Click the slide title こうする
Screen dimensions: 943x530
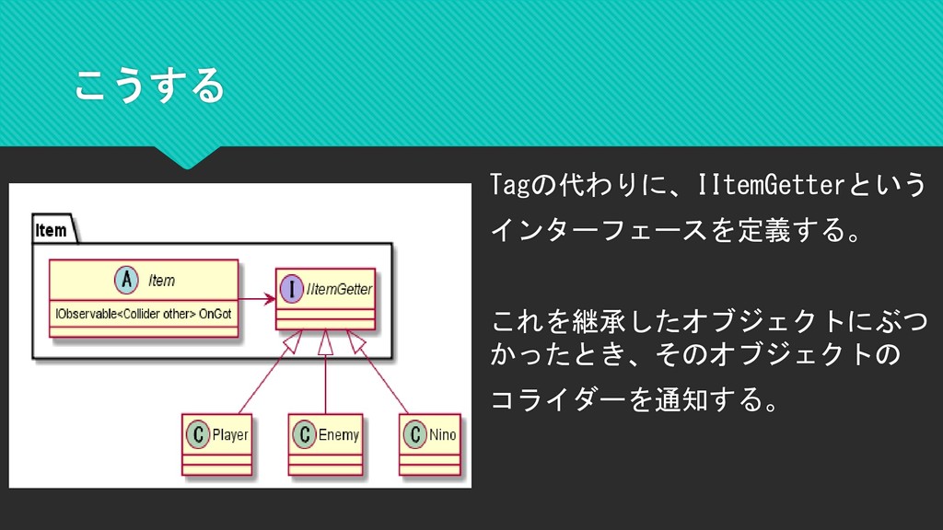(x=148, y=86)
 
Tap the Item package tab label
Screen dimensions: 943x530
(x=52, y=229)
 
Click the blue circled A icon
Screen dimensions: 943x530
(x=126, y=281)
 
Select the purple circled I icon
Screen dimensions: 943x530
(x=291, y=289)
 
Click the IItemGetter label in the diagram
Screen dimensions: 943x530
(x=339, y=289)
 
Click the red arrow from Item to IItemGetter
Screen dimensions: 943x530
(x=257, y=298)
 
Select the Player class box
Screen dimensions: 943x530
(x=216, y=443)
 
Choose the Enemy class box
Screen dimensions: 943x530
(x=326, y=443)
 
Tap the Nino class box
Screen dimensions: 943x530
(x=430, y=443)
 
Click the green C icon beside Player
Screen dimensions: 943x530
(x=196, y=434)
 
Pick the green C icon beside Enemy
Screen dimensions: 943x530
(x=304, y=434)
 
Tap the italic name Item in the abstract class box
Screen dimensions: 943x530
(x=161, y=280)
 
